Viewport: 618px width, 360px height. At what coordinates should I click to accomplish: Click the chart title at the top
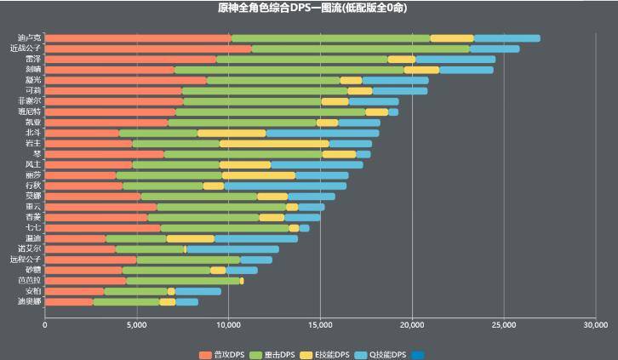click(308, 8)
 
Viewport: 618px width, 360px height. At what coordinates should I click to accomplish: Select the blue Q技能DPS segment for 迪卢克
click(506, 38)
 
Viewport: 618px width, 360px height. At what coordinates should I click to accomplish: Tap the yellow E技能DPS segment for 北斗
click(232, 133)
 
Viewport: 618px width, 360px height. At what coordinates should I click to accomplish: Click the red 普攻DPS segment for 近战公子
click(148, 49)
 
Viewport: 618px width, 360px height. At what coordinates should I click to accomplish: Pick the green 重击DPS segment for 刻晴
click(289, 70)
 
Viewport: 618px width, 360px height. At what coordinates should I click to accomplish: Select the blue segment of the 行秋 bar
click(285, 186)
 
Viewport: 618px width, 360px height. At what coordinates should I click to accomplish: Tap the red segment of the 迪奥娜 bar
click(69, 301)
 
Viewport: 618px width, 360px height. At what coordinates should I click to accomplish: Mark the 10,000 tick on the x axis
click(228, 324)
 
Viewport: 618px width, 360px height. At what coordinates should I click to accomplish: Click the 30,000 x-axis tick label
click(595, 324)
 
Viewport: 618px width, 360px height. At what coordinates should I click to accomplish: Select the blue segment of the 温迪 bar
click(256, 238)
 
